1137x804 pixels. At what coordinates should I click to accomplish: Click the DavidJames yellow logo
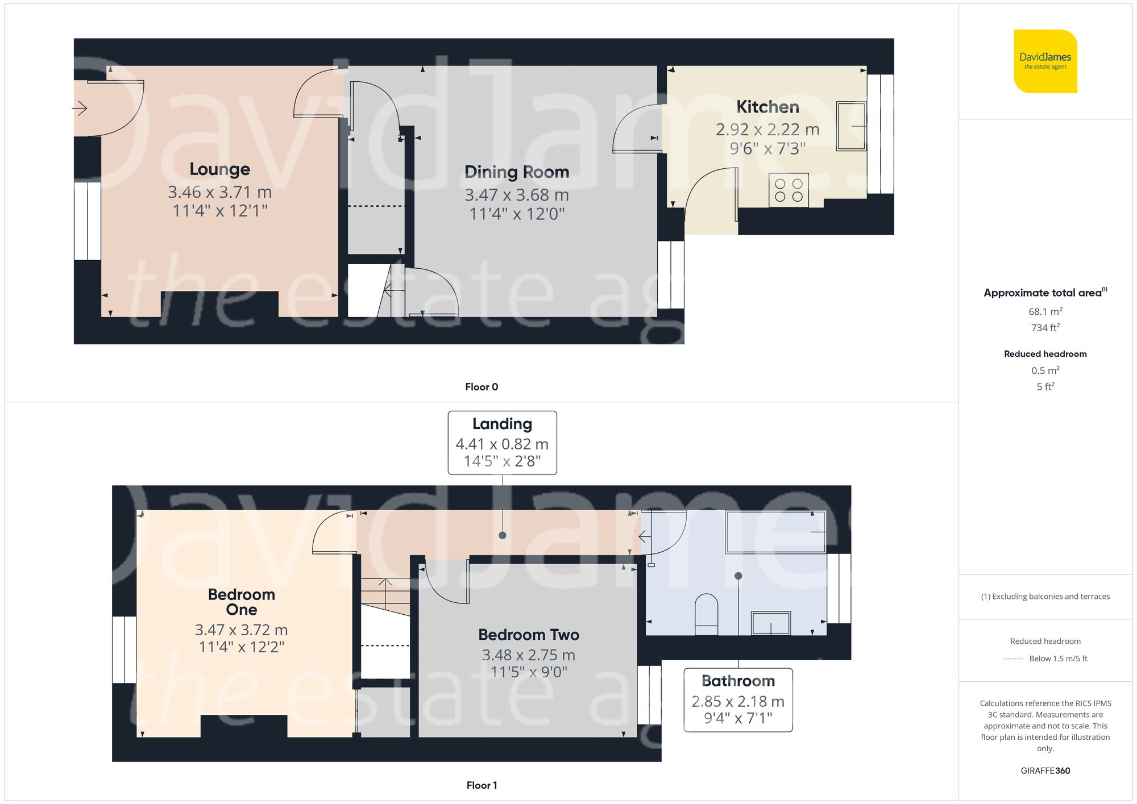(1045, 61)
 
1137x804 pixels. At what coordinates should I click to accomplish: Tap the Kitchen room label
(767, 107)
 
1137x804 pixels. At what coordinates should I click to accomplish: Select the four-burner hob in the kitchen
(789, 190)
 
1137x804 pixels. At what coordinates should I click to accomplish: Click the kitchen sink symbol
(851, 126)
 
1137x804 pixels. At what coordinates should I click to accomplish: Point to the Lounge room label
(219, 169)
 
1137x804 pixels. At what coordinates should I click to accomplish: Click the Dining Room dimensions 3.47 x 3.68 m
(516, 195)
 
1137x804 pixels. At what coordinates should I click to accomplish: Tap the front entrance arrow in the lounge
(80, 108)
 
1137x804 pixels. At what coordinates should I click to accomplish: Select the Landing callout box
(502, 443)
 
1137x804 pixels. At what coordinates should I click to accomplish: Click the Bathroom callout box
(738, 699)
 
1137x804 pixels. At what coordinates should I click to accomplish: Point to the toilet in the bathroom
(706, 614)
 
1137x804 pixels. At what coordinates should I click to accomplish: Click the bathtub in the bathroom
(775, 532)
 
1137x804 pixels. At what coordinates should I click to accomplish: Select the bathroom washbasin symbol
(771, 623)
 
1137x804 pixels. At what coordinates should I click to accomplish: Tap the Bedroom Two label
(528, 635)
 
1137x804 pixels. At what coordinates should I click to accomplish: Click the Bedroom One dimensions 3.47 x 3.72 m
(241, 630)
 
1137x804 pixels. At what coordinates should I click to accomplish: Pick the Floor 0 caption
(481, 387)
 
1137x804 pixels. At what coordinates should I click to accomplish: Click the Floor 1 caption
(481, 785)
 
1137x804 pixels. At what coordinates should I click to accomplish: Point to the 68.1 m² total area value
(1045, 311)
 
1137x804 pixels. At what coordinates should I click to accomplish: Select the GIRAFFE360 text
(1045, 771)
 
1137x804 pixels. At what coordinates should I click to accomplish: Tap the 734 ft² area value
(1045, 328)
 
